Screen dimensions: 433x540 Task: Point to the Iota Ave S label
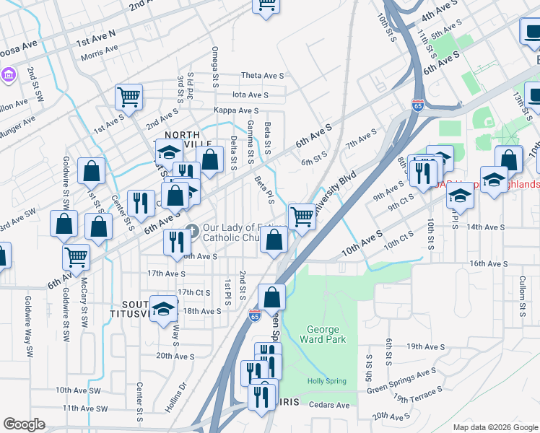tap(250, 95)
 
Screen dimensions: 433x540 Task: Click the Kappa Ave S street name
tap(235, 110)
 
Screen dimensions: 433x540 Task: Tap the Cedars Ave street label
tap(329, 405)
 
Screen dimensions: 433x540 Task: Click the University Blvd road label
tap(336, 186)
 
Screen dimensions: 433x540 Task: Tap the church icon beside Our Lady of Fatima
tap(191, 231)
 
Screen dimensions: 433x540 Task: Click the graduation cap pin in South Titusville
tap(165, 309)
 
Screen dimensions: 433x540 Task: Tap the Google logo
tap(24, 424)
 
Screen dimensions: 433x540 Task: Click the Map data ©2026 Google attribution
tap(495, 427)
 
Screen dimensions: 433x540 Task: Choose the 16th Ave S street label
tap(487, 264)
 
